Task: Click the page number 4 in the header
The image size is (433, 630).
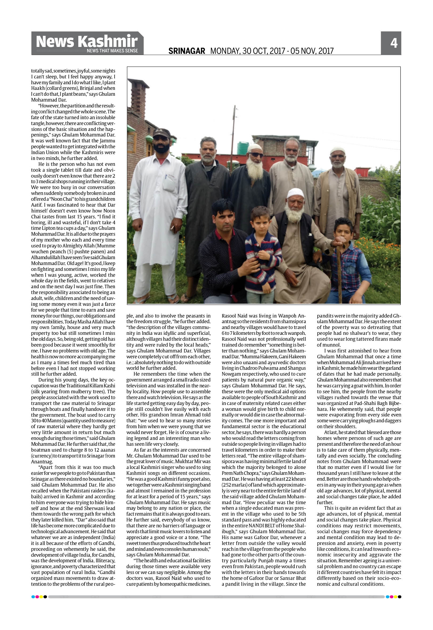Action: (394, 43)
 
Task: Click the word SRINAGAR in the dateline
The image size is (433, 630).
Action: (187, 51)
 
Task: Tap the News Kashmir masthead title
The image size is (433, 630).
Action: (87, 41)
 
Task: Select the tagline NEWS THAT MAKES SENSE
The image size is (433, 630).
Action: (112, 51)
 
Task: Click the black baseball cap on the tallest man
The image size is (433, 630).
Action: (161, 133)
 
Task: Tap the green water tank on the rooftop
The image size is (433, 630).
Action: (243, 148)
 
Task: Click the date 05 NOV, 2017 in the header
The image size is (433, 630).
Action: (312, 51)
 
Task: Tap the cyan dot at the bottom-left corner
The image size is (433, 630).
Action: (33, 597)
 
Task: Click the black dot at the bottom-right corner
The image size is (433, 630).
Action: (400, 597)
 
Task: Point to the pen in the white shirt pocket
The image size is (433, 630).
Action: (166, 178)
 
